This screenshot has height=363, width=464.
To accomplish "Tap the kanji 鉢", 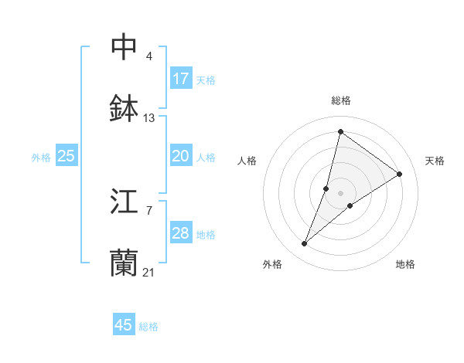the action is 125,109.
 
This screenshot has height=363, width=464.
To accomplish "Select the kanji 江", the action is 125,202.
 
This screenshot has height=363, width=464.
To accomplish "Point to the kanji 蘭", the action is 125,263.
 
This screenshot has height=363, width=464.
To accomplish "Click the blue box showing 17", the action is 181,79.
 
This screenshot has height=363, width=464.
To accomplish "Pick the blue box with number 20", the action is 181,156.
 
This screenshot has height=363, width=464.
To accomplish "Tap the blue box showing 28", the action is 181,233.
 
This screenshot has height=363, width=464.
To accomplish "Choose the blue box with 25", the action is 67,156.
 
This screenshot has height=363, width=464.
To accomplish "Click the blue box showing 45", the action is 124,325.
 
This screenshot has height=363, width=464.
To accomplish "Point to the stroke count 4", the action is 149,56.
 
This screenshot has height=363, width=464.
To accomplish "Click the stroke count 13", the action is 149,118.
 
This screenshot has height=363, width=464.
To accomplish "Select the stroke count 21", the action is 149,272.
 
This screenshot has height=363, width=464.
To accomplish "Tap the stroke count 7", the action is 149,210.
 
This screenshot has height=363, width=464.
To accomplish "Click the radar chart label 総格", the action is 341,100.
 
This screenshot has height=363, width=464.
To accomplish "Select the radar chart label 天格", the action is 435,161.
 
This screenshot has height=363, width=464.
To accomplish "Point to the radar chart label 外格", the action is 271,264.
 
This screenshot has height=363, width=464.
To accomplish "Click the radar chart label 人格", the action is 247,161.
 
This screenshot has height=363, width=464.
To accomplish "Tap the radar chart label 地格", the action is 405,264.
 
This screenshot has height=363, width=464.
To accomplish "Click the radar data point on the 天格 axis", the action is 400,175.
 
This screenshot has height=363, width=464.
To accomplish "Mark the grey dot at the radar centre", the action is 341,193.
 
